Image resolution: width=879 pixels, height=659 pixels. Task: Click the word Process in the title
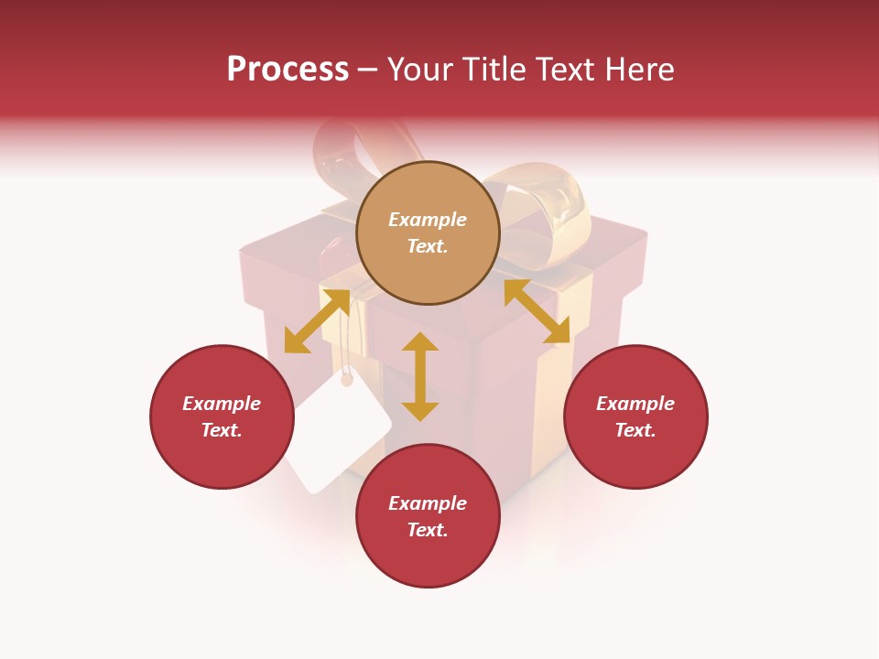point(288,70)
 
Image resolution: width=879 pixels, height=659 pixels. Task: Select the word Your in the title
point(419,70)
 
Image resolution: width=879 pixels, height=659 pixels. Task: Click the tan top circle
point(428,233)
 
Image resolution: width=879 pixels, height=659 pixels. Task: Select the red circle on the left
point(222,416)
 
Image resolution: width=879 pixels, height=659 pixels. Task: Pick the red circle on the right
point(635,416)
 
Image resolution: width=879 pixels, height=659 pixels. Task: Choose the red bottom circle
point(428,516)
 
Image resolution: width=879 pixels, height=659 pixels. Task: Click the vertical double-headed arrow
point(420,376)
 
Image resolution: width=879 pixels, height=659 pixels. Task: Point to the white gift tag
point(340,437)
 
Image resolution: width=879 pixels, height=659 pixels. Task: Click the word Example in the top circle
point(428,220)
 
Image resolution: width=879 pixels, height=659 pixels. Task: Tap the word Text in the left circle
point(221,430)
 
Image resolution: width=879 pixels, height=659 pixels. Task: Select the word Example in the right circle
point(635,404)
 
